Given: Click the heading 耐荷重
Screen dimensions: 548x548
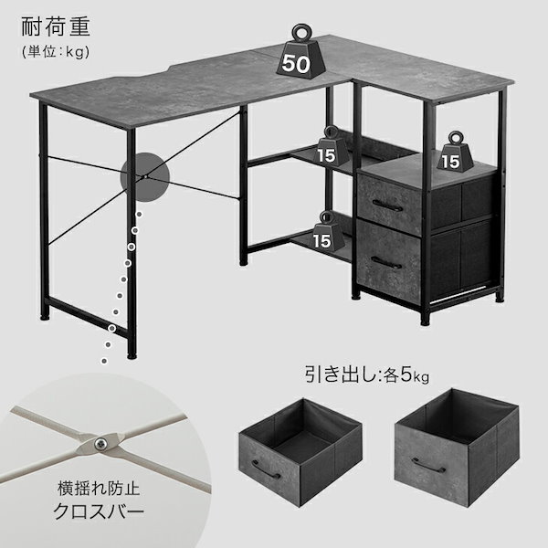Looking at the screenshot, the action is (x=57, y=26).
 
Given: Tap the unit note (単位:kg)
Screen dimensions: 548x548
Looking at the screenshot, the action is (x=56, y=52).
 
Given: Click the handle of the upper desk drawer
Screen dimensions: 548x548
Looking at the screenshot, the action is (x=387, y=206).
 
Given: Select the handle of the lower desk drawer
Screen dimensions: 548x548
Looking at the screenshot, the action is (x=386, y=263).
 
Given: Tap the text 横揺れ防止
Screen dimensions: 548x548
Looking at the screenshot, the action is (x=99, y=489).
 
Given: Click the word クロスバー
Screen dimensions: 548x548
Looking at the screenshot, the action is (x=99, y=511).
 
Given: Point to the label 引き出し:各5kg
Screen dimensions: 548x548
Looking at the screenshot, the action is (x=367, y=374).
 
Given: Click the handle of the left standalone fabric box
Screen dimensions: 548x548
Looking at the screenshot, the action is (x=266, y=469).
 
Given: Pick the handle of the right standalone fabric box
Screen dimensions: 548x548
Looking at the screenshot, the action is (x=428, y=465).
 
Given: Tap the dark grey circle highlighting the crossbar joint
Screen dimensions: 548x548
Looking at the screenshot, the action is (x=144, y=177).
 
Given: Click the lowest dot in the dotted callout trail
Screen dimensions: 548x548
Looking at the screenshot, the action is (x=104, y=361).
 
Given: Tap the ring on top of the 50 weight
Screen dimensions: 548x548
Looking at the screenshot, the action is (x=301, y=33).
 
